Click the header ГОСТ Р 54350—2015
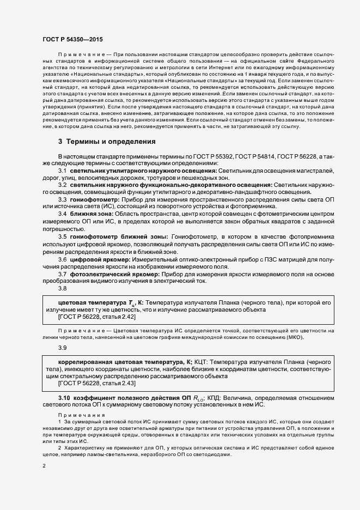pyautogui.click(x=72, y=40)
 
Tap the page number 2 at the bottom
pyautogui.click(x=44, y=466)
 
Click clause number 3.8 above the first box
pyautogui.click(x=62, y=288)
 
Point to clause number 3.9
pyautogui.click(x=62, y=347)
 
